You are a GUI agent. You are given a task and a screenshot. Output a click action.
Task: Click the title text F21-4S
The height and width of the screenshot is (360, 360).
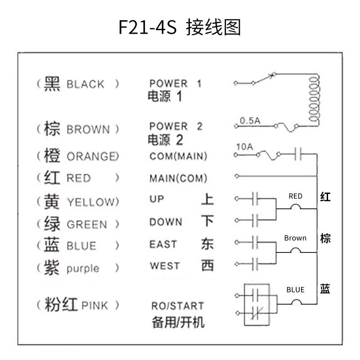pyautogui.click(x=148, y=27)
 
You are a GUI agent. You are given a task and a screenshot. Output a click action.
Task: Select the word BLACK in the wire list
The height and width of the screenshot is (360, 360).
pyautogui.click(x=85, y=84)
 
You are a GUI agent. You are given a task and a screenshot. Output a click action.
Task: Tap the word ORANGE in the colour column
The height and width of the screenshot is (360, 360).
pyautogui.click(x=93, y=156)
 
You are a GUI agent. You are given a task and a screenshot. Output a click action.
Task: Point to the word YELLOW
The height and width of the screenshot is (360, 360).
pyautogui.click(x=93, y=202)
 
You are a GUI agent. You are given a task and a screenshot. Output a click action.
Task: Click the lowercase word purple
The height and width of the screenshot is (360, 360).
pyautogui.click(x=83, y=269)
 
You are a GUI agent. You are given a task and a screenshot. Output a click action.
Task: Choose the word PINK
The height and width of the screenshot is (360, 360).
pyautogui.click(x=94, y=306)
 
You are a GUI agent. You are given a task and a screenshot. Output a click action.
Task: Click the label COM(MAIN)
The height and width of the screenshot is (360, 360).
pyautogui.click(x=178, y=156)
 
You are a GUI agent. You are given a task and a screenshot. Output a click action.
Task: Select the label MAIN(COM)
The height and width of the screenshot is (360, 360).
pyautogui.click(x=178, y=178)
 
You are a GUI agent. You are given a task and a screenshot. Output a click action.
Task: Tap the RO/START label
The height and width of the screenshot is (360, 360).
pyautogui.click(x=178, y=306)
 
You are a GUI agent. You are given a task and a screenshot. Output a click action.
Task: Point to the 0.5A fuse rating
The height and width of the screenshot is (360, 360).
pyautogui.click(x=250, y=121)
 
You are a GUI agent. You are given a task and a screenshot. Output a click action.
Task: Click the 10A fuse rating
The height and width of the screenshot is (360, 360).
pyautogui.click(x=245, y=147)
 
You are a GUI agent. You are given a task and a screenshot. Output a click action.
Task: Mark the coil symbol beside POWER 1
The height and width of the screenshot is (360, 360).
pyautogui.click(x=314, y=99)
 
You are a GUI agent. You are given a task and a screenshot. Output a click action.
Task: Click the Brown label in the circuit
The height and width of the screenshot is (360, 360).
pyautogui.click(x=295, y=238)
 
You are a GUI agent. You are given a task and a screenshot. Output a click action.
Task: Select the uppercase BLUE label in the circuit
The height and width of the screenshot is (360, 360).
pyautogui.click(x=296, y=290)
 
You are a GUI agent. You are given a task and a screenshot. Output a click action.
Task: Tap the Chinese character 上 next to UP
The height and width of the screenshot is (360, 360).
pyautogui.click(x=207, y=199)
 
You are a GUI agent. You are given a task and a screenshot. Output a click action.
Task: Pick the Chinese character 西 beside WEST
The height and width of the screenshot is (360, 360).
pyautogui.click(x=207, y=265)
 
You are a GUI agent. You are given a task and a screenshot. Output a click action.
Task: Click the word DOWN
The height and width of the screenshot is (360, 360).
pyautogui.click(x=166, y=222)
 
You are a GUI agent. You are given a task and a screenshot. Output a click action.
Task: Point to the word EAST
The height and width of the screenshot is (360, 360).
pyautogui.click(x=163, y=244)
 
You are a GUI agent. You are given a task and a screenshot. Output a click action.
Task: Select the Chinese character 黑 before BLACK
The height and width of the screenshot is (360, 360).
pyautogui.click(x=52, y=84)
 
